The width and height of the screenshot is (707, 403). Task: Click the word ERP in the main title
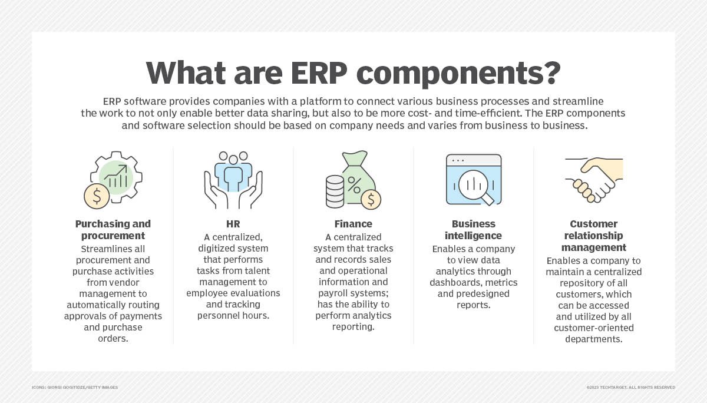(x=319, y=73)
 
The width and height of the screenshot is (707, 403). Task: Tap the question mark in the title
(x=550, y=72)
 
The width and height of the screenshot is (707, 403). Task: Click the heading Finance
(x=353, y=224)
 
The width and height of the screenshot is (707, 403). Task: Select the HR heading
(x=233, y=224)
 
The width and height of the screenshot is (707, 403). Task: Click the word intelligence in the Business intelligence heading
(x=473, y=236)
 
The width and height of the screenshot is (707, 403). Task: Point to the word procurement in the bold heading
(x=113, y=236)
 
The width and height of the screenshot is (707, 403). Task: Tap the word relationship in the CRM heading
(x=593, y=236)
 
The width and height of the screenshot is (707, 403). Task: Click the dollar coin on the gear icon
(x=97, y=196)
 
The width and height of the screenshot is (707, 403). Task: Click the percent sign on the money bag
(x=354, y=185)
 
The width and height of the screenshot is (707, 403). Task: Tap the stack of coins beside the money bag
(x=335, y=191)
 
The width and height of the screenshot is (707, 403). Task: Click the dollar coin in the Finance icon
(x=371, y=200)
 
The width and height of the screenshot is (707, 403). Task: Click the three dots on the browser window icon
(x=458, y=161)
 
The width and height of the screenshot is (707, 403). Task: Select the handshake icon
(x=594, y=180)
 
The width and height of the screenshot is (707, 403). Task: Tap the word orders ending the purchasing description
(x=113, y=339)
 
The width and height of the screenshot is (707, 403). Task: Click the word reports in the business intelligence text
(x=474, y=305)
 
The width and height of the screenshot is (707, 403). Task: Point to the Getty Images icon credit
(x=75, y=387)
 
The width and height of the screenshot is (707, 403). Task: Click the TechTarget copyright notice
(x=630, y=387)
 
